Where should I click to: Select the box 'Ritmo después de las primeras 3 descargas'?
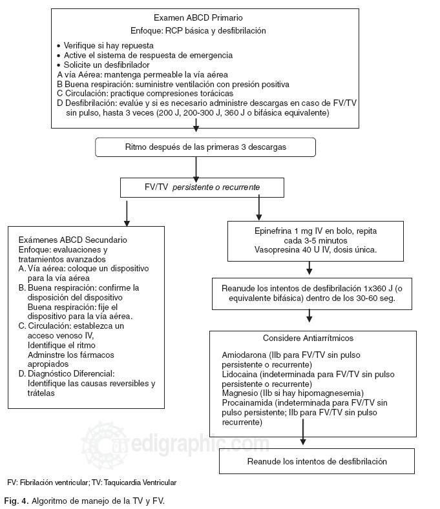[x=205, y=147]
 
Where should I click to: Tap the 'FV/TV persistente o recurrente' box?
[x=202, y=187]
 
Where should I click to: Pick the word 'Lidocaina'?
[x=238, y=375]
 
